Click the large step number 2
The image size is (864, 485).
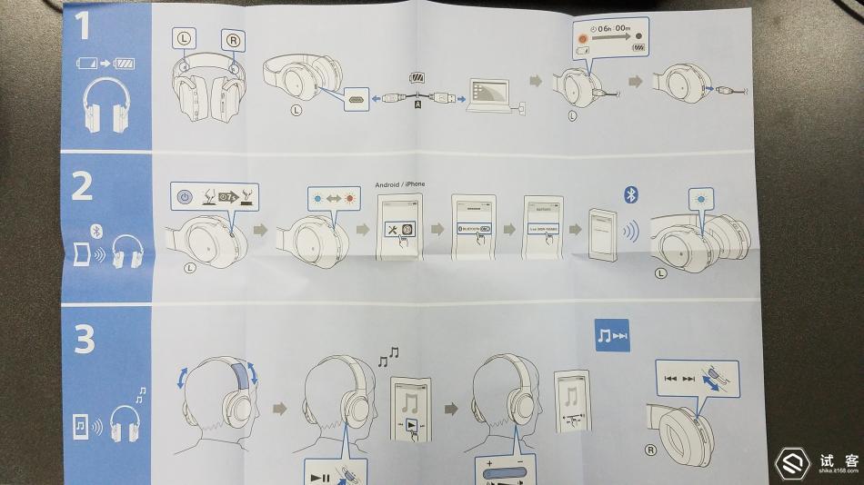tap(83, 186)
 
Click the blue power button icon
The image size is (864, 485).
tap(184, 196)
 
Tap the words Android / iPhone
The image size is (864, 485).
tap(399, 184)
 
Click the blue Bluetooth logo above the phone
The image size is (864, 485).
tap(629, 194)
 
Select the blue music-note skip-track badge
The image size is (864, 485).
tap(612, 336)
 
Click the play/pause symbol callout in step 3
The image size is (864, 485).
tap(333, 473)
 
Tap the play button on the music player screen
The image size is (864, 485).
tap(412, 426)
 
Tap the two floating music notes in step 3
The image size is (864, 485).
tap(388, 357)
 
